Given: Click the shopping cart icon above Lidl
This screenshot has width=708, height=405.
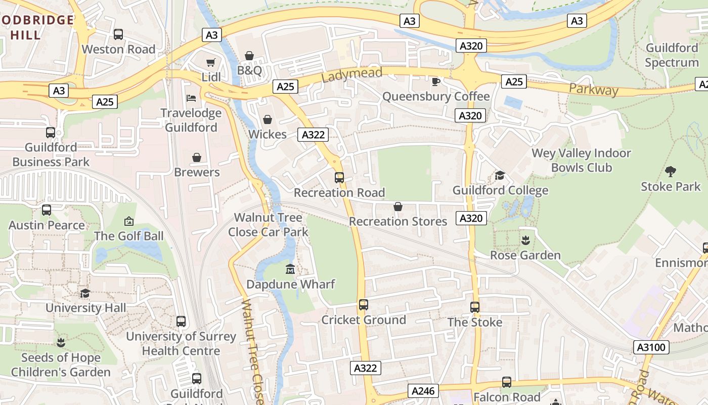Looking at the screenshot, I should tap(210, 62).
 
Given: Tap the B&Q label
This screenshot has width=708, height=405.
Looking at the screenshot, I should tap(249, 70).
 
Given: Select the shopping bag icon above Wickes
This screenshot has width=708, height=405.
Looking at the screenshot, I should tap(268, 119).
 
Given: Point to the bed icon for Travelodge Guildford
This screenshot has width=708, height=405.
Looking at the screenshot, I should tap(191, 98).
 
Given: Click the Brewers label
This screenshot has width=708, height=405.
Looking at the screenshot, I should tap(197, 172).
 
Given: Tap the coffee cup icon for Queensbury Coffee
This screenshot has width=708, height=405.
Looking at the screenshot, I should tap(435, 82).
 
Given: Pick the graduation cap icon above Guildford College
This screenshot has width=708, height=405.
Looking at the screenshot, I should tap(500, 175).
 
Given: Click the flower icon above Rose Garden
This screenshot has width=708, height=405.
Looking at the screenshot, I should tap(525, 240).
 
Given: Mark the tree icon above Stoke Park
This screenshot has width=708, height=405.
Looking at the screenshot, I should tap(671, 171).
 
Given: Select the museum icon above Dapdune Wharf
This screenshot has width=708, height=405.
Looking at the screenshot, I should tap(290, 269).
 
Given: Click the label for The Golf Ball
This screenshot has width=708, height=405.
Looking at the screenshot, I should tap(129, 236).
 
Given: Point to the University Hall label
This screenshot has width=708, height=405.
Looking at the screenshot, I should tap(86, 308).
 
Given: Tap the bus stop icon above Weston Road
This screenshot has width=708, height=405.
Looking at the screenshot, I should tap(118, 34).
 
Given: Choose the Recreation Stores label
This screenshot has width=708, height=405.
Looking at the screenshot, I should tap(398, 221).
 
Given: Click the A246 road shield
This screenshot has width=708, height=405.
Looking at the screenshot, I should tap(423, 391).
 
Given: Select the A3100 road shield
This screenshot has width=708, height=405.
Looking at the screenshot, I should tap(652, 347).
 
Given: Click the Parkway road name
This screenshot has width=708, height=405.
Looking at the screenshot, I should tap(593, 90).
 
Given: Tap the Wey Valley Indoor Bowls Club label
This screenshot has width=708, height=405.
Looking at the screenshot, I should tap(581, 160).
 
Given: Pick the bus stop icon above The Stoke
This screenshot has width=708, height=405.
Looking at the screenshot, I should tap(475, 307).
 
